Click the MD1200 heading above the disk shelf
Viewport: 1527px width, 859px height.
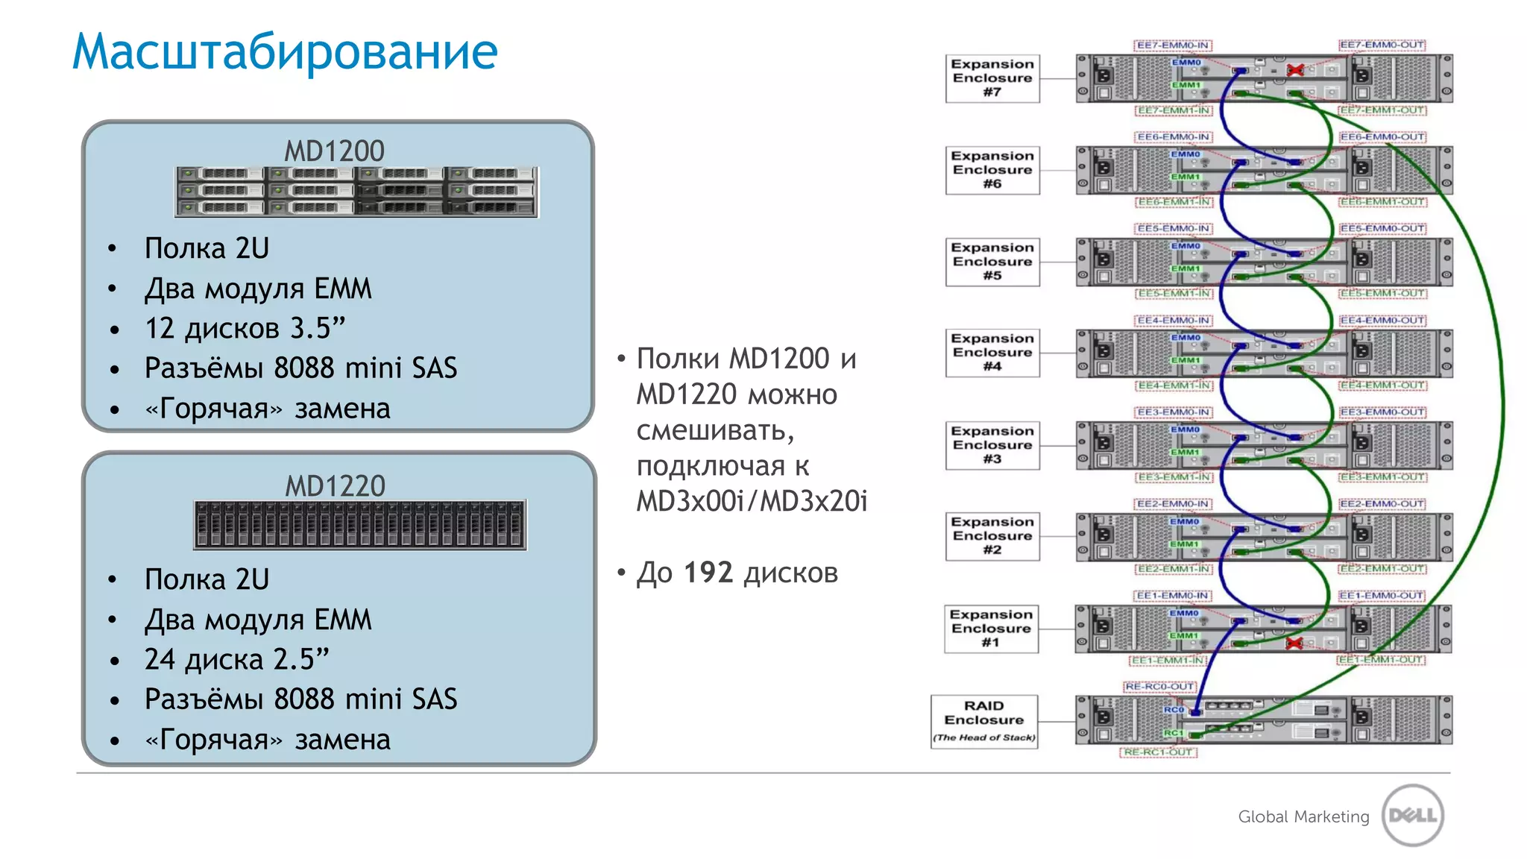334,151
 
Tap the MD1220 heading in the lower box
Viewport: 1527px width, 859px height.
335,486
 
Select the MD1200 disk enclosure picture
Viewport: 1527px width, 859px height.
356,192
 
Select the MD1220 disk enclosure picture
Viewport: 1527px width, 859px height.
359,525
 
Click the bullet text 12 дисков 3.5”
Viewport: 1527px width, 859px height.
245,328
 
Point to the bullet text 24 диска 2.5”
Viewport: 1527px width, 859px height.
236,659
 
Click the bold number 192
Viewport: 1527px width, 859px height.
708,573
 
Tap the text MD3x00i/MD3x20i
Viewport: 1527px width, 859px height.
752,501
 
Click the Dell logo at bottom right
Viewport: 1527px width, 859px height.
1412,815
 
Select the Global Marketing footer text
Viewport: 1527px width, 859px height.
1303,816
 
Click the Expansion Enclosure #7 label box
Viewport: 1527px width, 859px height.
992,78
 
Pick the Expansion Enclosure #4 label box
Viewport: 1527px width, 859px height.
992,353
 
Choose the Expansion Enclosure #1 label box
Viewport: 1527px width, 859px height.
991,629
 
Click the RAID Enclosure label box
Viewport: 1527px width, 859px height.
984,721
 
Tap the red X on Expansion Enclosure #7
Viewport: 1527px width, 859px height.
1295,70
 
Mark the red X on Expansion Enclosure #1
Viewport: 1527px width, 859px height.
1294,643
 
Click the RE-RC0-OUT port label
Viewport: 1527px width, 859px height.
1159,686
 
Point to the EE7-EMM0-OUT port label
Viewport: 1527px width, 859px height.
1382,45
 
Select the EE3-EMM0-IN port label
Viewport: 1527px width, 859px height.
1173,412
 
